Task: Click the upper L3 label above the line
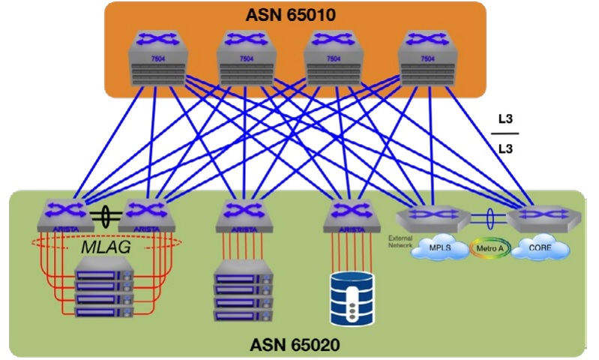point(505,118)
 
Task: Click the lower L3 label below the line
point(505,148)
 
